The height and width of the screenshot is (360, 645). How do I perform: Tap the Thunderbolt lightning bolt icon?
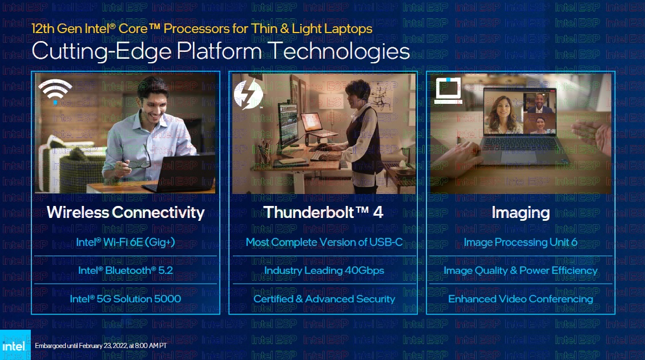[x=248, y=94]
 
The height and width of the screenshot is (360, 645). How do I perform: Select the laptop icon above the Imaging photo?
[x=448, y=90]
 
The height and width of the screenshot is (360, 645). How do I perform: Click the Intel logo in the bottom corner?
[x=15, y=345]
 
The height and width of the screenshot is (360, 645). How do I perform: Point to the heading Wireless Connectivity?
[x=126, y=212]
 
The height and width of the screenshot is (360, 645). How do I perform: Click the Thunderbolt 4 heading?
[x=323, y=212]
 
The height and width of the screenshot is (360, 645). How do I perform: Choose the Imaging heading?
[x=521, y=212]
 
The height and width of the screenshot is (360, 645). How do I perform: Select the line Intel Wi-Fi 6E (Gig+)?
[x=126, y=242]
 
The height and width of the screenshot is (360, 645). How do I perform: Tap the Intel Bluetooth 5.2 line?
[x=126, y=270]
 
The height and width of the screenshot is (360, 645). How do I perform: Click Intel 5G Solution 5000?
[x=126, y=299]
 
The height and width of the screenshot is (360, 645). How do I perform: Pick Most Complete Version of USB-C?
[x=324, y=242]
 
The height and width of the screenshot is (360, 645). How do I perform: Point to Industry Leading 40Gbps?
[x=324, y=270]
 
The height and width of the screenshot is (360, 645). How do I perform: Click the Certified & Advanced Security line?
[x=324, y=299]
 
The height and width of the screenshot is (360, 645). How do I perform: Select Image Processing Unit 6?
[x=521, y=242]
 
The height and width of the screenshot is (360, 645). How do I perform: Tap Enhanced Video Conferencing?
[x=521, y=299]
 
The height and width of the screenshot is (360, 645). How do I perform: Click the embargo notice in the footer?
[x=101, y=346]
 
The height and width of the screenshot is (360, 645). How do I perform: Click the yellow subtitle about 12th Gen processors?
[x=201, y=29]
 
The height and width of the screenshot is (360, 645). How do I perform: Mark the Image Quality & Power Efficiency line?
[x=521, y=270]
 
